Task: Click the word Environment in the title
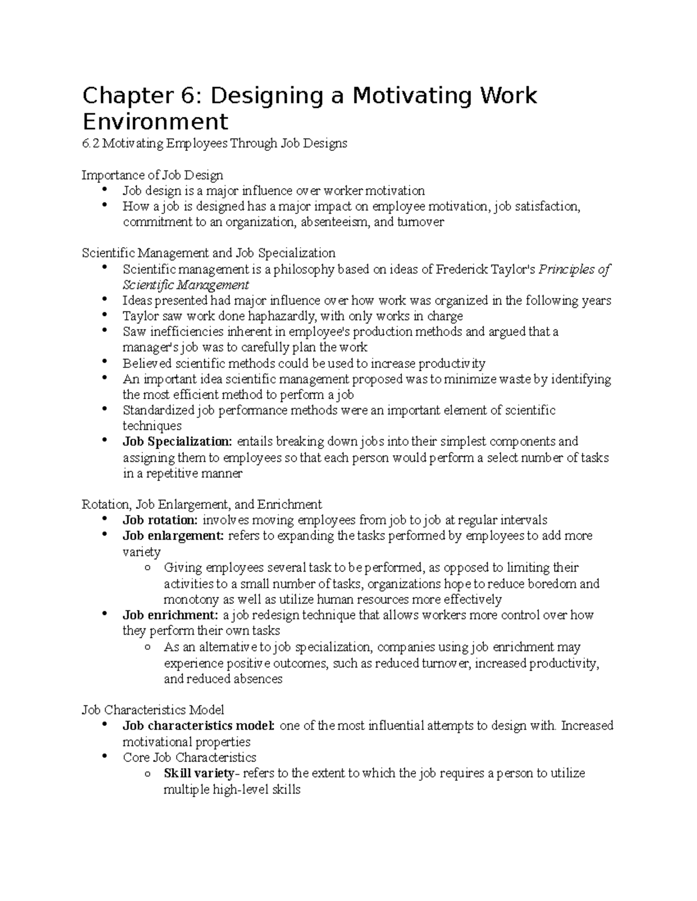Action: point(155,122)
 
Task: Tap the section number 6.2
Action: point(91,143)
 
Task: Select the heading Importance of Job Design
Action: point(152,175)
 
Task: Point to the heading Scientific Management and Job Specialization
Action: point(209,253)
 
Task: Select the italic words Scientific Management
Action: point(185,285)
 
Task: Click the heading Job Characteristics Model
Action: point(153,710)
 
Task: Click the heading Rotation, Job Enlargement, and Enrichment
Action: point(202,504)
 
